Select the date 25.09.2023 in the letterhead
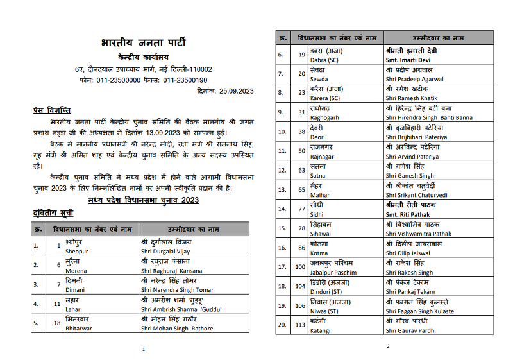pyautogui.click(x=235, y=92)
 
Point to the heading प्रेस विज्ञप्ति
pyautogui.click(x=52, y=110)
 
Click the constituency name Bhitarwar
pyautogui.click(x=79, y=329)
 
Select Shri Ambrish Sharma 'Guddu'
pyautogui.click(x=180, y=309)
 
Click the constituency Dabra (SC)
pyautogui.click(x=325, y=59)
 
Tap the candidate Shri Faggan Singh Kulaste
pyautogui.click(x=420, y=311)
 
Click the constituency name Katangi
pyautogui.click(x=321, y=330)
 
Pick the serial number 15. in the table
pyautogui.click(x=281, y=228)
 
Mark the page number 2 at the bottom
pyautogui.click(x=388, y=347)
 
